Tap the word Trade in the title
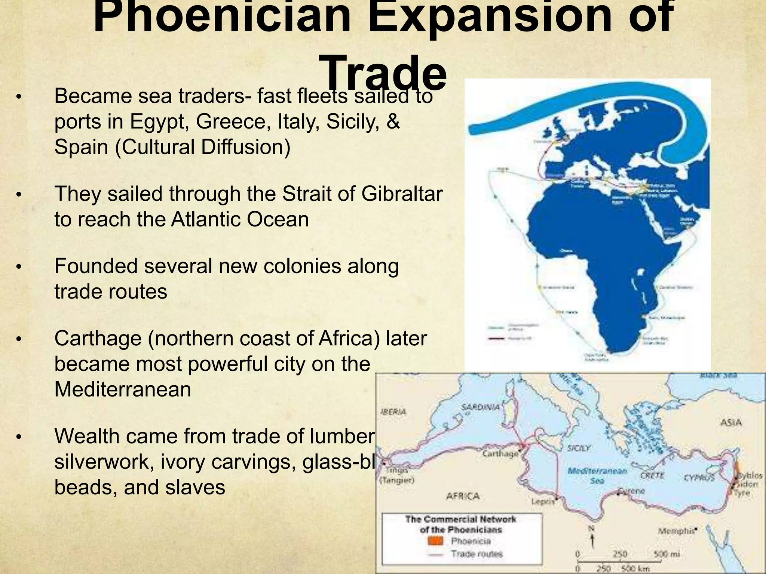pos(383,73)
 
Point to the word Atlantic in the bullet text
pos(205,219)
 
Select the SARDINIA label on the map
pos(481,407)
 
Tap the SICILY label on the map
pos(579,448)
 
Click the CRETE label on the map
pos(652,476)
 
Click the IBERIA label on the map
pos(393,411)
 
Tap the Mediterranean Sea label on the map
pos(597,476)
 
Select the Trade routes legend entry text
pos(477,554)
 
